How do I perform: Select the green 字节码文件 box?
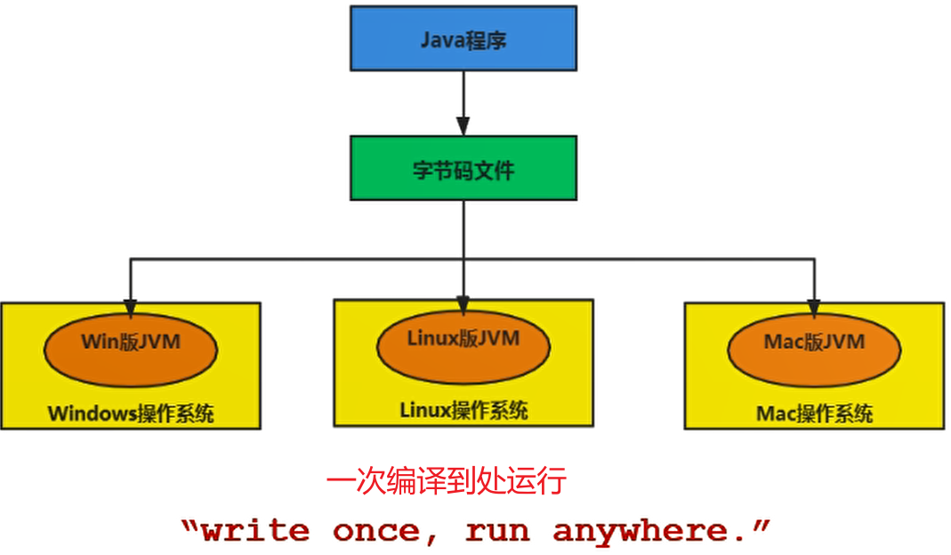point(463,168)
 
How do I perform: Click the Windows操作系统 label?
point(130,414)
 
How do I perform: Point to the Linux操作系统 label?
point(463,410)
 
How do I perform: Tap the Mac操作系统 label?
point(813,414)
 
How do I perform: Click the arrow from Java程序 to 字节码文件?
point(463,102)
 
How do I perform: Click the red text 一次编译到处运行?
point(446,480)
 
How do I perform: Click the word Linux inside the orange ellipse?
point(430,338)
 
